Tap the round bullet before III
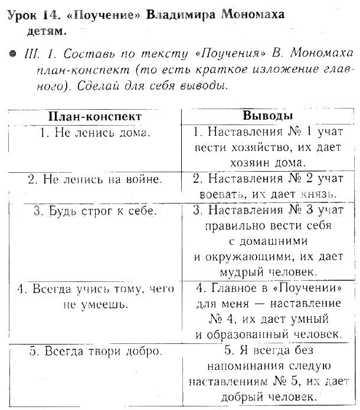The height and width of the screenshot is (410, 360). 11,54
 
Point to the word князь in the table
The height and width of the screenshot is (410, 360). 317,193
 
